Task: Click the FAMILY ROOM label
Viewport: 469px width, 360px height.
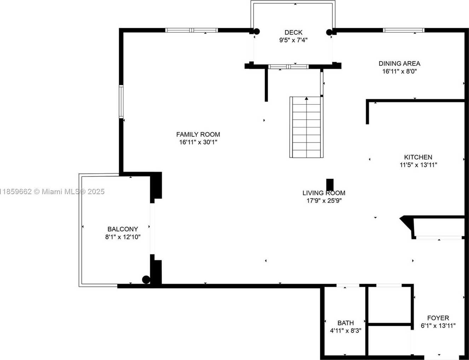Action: (198, 134)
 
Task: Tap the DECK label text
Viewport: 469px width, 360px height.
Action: (293, 33)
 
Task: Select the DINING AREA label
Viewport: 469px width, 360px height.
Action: (399, 64)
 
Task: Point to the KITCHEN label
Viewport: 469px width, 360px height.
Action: (418, 157)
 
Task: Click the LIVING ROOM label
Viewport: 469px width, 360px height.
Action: (324, 193)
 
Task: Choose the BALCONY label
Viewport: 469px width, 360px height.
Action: (123, 229)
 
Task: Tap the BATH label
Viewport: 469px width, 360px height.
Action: (346, 323)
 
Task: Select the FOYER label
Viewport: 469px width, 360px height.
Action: (438, 318)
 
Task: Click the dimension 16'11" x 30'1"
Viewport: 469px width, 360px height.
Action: (198, 142)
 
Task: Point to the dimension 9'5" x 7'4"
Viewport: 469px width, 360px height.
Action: (293, 40)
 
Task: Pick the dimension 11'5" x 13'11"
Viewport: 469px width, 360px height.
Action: (418, 165)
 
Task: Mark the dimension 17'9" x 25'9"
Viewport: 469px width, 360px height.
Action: (324, 201)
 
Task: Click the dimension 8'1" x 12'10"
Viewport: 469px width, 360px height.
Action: (123, 237)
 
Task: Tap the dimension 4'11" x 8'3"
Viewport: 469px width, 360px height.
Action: (346, 331)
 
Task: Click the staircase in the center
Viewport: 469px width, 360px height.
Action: (306, 127)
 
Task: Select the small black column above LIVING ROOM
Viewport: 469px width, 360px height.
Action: (330, 184)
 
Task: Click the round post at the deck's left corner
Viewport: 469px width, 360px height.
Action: (257, 31)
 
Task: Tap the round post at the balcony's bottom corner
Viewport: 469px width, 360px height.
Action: (146, 280)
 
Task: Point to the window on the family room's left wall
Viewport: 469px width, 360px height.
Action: (121, 101)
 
